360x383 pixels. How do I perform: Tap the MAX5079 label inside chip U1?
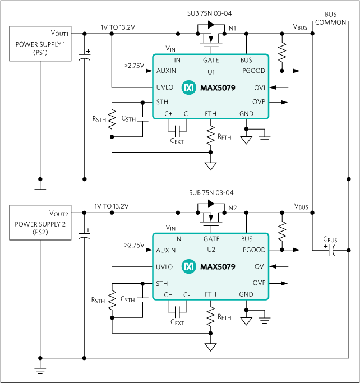[x=216, y=87]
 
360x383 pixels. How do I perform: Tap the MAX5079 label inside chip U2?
[x=216, y=266]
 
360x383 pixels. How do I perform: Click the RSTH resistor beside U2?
[x=112, y=301]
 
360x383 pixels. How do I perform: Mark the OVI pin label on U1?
[x=260, y=87]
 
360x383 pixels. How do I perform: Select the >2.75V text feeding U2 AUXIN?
[x=134, y=245]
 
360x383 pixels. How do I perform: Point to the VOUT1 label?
[x=59, y=33]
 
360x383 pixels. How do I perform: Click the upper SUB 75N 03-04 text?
[x=210, y=13]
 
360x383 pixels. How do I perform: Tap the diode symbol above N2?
[x=211, y=204]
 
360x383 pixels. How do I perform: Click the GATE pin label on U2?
[x=211, y=239]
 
